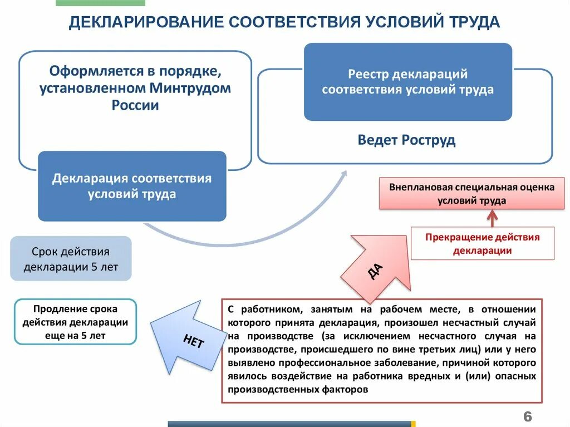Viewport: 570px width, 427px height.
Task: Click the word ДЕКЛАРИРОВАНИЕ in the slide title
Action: click(145, 22)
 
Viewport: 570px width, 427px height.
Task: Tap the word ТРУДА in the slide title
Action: click(473, 22)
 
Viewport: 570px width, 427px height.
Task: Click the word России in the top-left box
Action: click(135, 105)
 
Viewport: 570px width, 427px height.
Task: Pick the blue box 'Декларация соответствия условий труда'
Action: click(132, 186)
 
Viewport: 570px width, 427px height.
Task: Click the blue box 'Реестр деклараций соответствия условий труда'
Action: click(407, 82)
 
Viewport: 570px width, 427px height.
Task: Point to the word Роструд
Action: click(430, 140)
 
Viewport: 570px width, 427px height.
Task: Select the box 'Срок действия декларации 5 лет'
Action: click(71, 259)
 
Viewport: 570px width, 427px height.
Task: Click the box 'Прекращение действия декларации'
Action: click(483, 244)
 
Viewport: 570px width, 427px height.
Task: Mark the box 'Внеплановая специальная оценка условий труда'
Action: click(471, 194)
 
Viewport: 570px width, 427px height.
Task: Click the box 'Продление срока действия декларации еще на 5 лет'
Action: click(75, 322)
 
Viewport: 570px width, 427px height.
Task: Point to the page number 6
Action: click(527, 416)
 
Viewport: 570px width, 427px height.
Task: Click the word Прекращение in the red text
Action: click(456, 237)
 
